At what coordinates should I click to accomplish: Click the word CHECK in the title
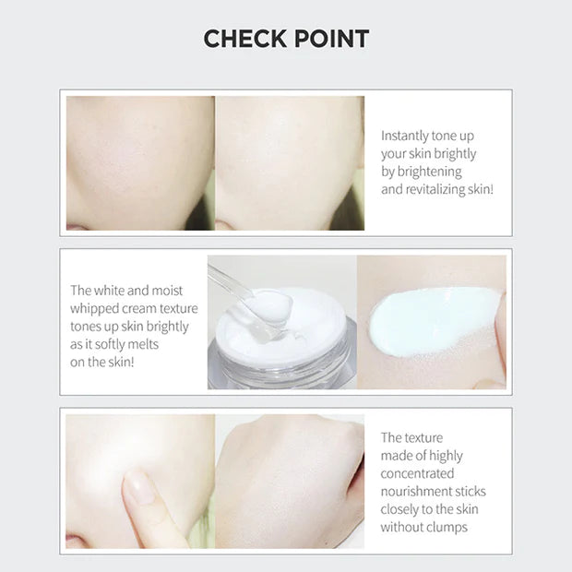[245, 39]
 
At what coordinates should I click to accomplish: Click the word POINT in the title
[331, 39]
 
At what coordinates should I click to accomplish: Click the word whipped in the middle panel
[94, 309]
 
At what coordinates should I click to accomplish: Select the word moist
[167, 291]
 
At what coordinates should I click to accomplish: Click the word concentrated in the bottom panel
[417, 473]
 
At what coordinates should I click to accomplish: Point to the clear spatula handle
[229, 278]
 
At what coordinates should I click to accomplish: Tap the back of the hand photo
[290, 482]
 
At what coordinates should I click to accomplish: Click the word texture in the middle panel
[178, 309]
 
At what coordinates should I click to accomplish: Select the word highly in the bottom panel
[446, 456]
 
